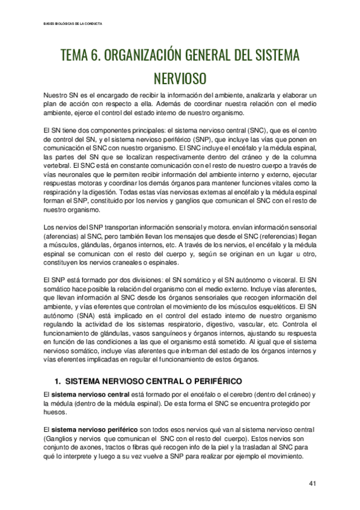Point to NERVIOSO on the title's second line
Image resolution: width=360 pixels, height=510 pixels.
pos(180,79)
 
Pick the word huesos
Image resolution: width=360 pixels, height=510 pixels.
pos(55,412)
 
